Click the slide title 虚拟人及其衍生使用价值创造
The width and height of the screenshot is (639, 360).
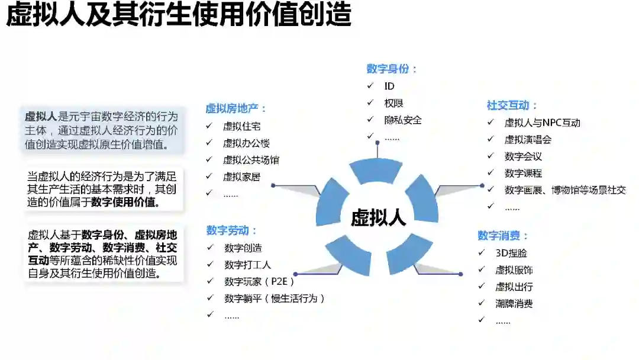pos(179,15)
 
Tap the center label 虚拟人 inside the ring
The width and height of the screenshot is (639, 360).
pos(378,217)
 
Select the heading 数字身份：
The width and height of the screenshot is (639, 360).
pos(392,69)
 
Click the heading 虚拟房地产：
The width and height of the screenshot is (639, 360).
pos(236,108)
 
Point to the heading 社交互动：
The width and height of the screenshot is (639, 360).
pos(512,105)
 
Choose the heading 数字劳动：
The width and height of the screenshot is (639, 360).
pos(231,230)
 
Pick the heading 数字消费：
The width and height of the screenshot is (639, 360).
pos(503,236)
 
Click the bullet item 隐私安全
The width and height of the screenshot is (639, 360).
pos(403,120)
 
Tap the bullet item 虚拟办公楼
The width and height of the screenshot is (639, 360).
pos(246,143)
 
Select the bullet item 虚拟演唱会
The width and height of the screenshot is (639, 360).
pos(528,140)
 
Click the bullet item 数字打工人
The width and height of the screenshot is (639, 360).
pos(247,264)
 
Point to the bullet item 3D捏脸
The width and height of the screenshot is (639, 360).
pos(511,253)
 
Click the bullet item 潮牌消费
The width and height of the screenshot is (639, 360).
pos(514,304)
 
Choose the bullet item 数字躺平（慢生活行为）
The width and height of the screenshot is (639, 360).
pos(275,298)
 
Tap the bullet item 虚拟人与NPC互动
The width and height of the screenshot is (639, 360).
pos(542,123)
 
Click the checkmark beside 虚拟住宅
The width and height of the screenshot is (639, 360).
pos(209,126)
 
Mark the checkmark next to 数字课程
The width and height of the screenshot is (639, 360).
pos(490,173)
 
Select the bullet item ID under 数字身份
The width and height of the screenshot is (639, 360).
pos(389,86)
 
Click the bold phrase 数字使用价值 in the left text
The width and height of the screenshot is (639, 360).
pos(124,202)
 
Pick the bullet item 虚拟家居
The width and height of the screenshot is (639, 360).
pos(241,176)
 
